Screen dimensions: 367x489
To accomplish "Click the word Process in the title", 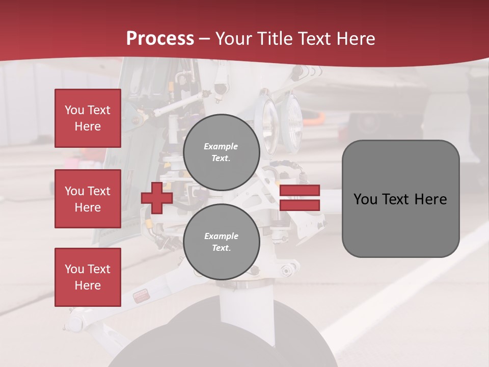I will point(160,39).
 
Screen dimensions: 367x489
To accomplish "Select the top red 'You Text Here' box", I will point(88,118).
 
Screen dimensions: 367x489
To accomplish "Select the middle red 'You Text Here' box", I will point(88,199).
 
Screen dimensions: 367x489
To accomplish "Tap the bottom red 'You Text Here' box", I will point(88,277).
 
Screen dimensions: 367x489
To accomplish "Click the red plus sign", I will point(157,198).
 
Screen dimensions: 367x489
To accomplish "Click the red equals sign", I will point(300,198).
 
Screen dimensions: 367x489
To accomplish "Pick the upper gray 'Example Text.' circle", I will point(221,152).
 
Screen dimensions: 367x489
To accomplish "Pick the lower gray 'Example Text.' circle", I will point(221,242).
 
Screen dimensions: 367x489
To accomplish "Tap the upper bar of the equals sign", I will point(300,190).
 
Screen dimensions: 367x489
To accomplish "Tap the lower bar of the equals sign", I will point(300,205).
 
